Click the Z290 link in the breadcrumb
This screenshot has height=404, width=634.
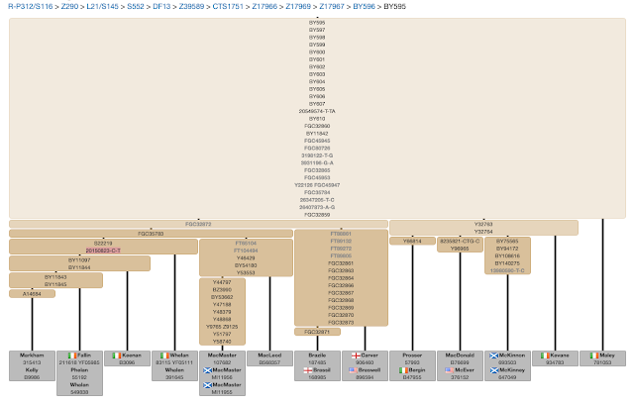68,7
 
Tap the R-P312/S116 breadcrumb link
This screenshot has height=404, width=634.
28,7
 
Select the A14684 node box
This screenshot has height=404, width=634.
33,294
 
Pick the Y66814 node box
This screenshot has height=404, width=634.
411,241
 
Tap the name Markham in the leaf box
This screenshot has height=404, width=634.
33,354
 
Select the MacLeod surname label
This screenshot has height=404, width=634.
269,354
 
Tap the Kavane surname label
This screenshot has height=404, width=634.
558,354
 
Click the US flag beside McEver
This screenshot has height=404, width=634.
447,369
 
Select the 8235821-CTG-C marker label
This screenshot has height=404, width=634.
460,241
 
